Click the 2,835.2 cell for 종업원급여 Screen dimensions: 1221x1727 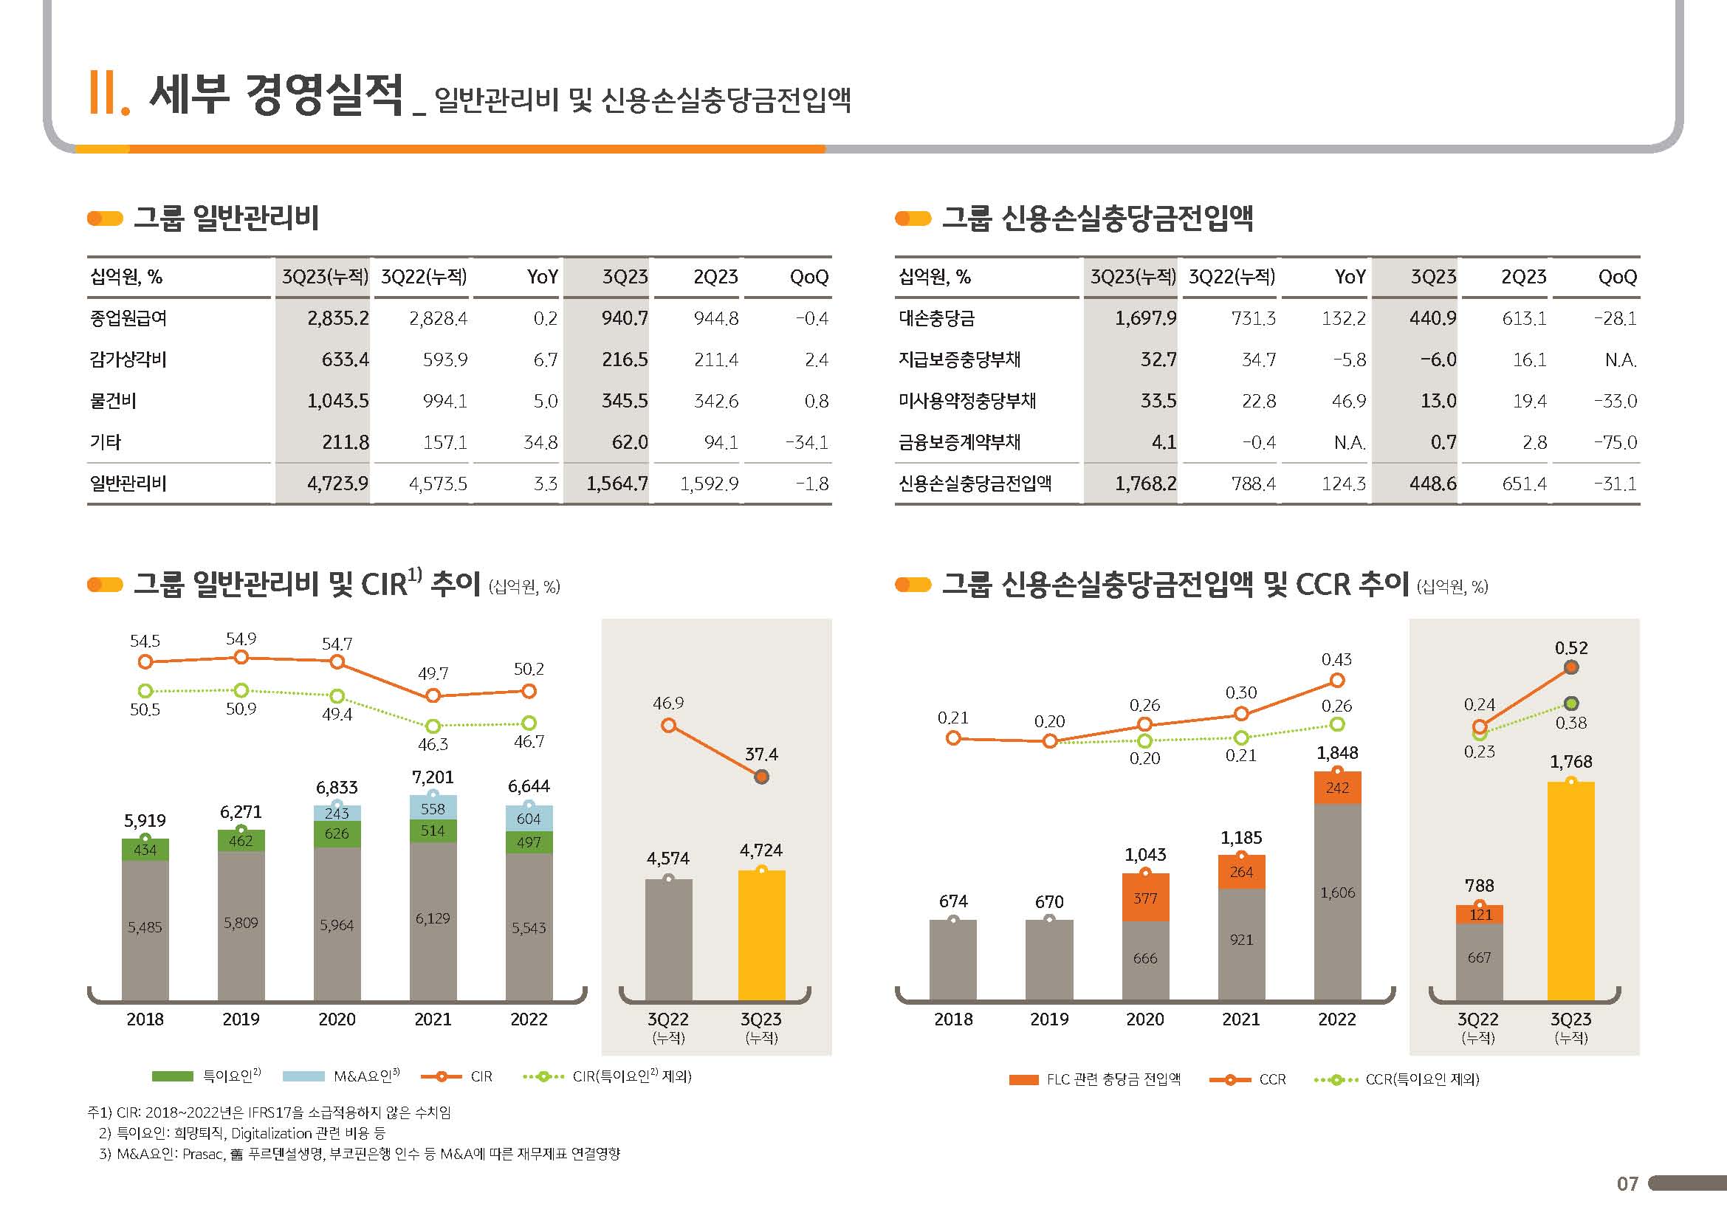tap(337, 319)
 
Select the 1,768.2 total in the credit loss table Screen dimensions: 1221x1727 tap(1145, 484)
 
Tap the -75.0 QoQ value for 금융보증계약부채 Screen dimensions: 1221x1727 tap(1615, 442)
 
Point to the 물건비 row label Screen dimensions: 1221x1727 tap(113, 401)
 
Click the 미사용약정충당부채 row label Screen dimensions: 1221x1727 tap(966, 401)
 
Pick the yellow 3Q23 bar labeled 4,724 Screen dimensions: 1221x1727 tap(761, 935)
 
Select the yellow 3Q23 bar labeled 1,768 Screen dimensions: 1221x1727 tap(1570, 891)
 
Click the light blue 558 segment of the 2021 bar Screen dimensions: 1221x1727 tap(433, 809)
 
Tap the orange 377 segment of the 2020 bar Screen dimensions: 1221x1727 tap(1145, 898)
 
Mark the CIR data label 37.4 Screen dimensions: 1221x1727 tap(761, 754)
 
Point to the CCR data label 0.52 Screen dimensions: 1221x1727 tap(1570, 648)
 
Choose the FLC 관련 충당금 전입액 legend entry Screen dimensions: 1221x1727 tap(1113, 1080)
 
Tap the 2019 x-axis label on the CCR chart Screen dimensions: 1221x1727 tap(1048, 1019)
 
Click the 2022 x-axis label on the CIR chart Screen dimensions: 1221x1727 tap(529, 1019)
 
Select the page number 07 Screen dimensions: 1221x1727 tap(1627, 1184)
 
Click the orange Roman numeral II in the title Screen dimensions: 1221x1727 tap(106, 94)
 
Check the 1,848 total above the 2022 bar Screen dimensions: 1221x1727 tap(1336, 752)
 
